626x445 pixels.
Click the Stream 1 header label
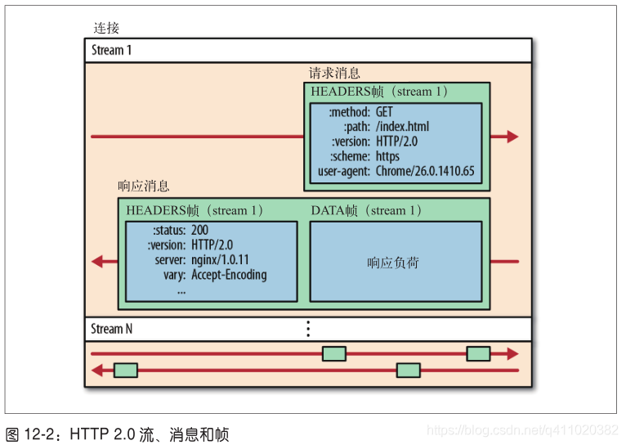pos(111,50)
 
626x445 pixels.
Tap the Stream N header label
pos(111,329)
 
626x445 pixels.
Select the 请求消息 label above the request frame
pos(333,73)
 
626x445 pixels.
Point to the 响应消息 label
pos(144,186)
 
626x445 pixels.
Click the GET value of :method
pos(384,111)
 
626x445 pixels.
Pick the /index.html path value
pos(402,126)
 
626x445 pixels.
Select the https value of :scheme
pos(387,156)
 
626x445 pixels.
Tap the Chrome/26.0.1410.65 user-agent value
pos(424,172)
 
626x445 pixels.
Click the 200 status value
pos(199,230)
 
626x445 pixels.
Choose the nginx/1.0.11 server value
pos(220,259)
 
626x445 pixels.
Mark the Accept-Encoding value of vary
pos(229,275)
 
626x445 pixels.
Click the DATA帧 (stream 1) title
pos(366,211)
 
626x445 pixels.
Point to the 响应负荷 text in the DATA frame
pos(393,263)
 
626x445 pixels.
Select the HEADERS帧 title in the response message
pos(195,211)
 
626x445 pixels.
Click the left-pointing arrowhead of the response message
pos(98,261)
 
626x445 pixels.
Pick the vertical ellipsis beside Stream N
pos(308,329)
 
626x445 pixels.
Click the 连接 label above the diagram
pos(106,28)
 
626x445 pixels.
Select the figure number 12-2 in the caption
pos(42,432)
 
